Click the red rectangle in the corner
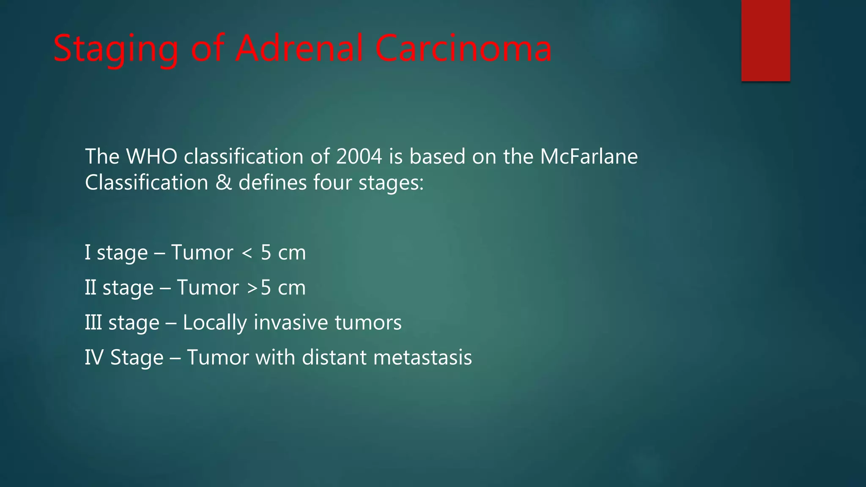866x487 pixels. (765, 41)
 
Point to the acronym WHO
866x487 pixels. (152, 156)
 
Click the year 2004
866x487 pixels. (359, 156)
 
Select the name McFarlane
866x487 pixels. (589, 156)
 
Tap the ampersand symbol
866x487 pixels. (223, 183)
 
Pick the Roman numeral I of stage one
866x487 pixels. (88, 252)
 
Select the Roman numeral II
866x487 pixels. (90, 287)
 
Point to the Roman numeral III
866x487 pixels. (93, 323)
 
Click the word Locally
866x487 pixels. (214, 323)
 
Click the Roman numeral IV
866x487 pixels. (94, 358)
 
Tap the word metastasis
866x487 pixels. (422, 358)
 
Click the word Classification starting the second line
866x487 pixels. (146, 183)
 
